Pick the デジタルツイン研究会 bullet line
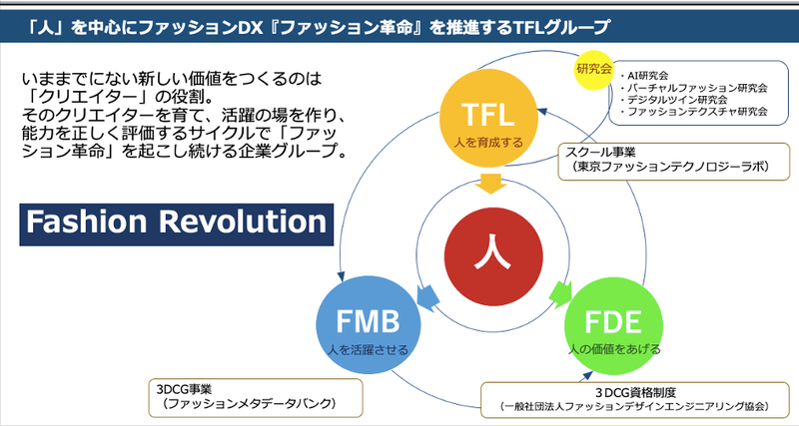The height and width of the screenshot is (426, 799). (675, 100)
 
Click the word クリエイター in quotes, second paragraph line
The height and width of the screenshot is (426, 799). (79, 97)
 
